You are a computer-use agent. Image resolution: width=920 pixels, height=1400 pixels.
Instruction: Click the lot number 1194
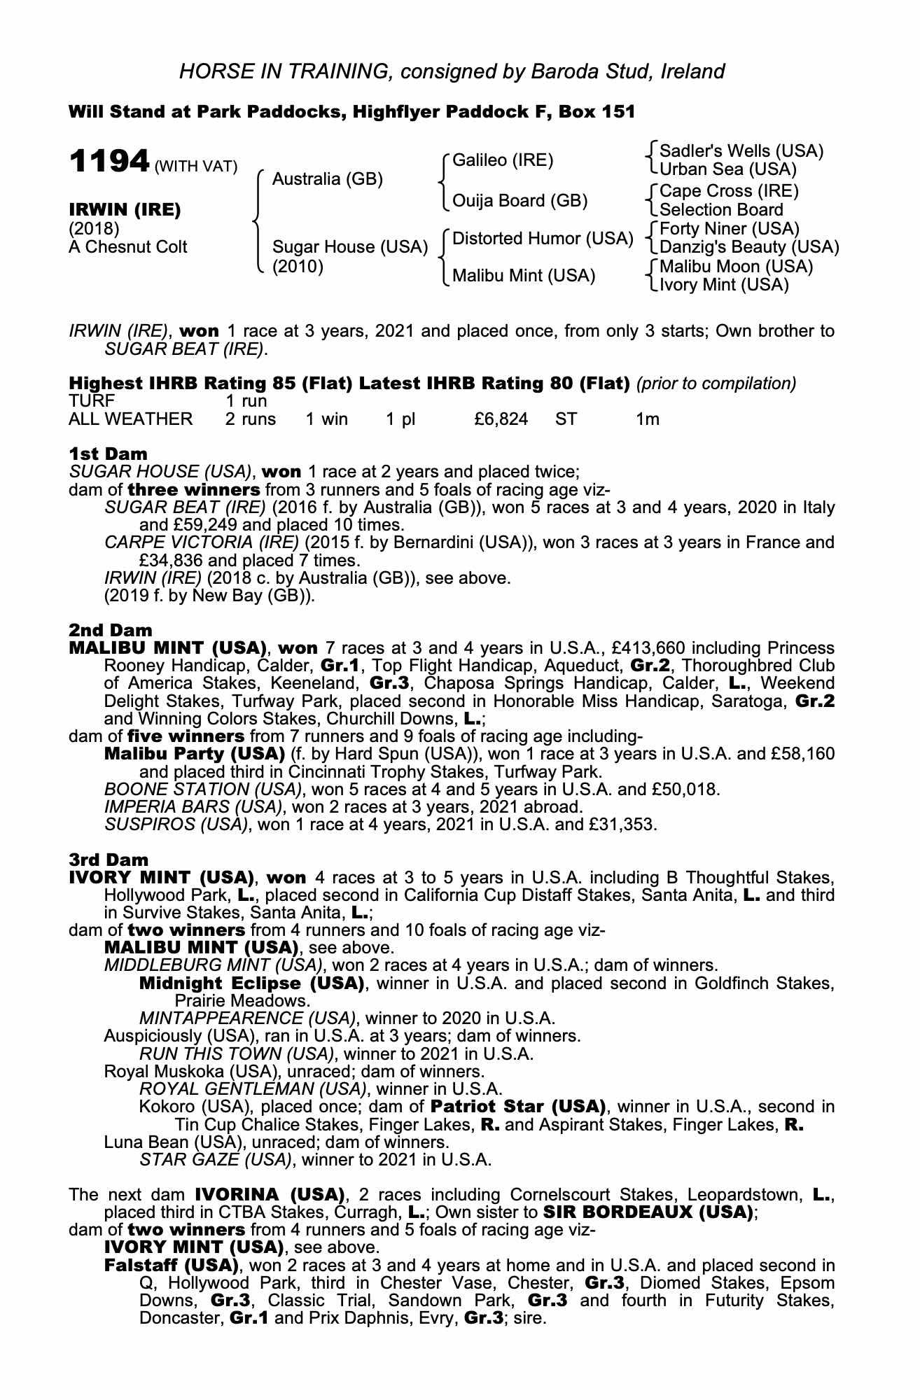(x=109, y=162)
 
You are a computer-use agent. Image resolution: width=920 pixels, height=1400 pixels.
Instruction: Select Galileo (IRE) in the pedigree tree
(x=503, y=160)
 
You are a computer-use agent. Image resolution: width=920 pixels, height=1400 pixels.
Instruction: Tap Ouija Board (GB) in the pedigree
(x=520, y=201)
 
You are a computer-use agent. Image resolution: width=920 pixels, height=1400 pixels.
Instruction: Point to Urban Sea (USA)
(x=728, y=169)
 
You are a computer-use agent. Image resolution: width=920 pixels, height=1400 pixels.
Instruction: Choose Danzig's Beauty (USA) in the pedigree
(x=749, y=247)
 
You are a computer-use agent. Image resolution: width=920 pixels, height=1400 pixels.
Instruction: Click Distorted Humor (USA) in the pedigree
(x=543, y=239)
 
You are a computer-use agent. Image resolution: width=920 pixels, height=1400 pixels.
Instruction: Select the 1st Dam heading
(x=108, y=454)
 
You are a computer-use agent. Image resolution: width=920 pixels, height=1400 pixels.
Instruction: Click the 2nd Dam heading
(x=110, y=630)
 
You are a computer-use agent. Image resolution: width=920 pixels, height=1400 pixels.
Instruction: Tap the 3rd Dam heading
(x=109, y=860)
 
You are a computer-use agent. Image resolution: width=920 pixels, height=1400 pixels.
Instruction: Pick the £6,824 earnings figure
(x=501, y=419)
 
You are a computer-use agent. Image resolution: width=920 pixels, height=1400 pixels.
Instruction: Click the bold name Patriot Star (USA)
(x=517, y=1107)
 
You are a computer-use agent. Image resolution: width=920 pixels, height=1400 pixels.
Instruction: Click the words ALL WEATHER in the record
(x=130, y=419)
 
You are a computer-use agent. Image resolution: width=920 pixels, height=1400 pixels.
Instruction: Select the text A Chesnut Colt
(x=128, y=247)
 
